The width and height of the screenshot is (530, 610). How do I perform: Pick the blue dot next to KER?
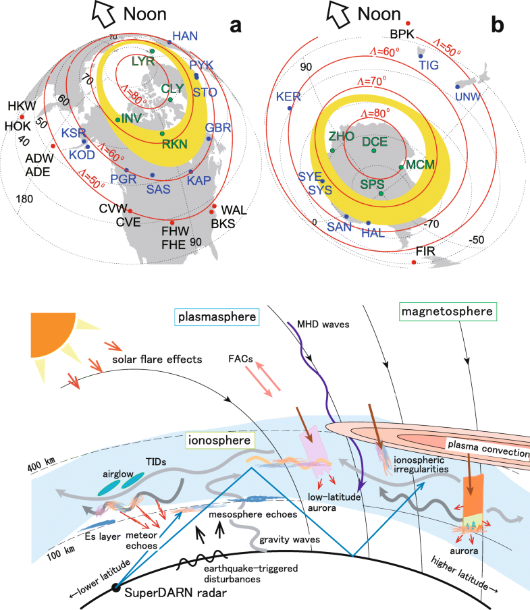290,109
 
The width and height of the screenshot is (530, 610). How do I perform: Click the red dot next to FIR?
413,262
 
